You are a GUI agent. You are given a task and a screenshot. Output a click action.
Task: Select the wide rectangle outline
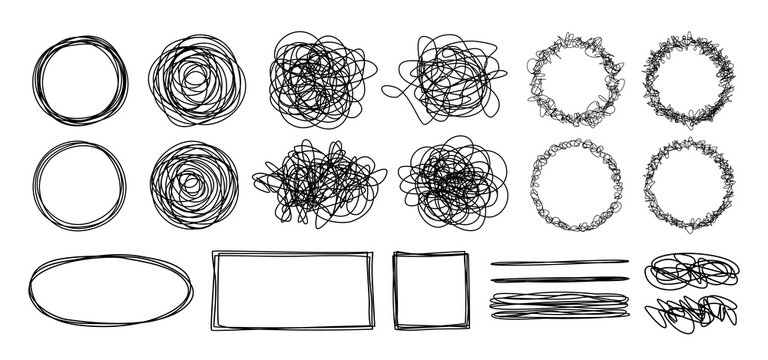tap(293, 253)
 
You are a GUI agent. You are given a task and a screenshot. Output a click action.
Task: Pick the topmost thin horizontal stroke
tap(560, 262)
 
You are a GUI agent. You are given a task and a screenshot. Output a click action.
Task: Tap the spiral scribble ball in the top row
tap(195, 80)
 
